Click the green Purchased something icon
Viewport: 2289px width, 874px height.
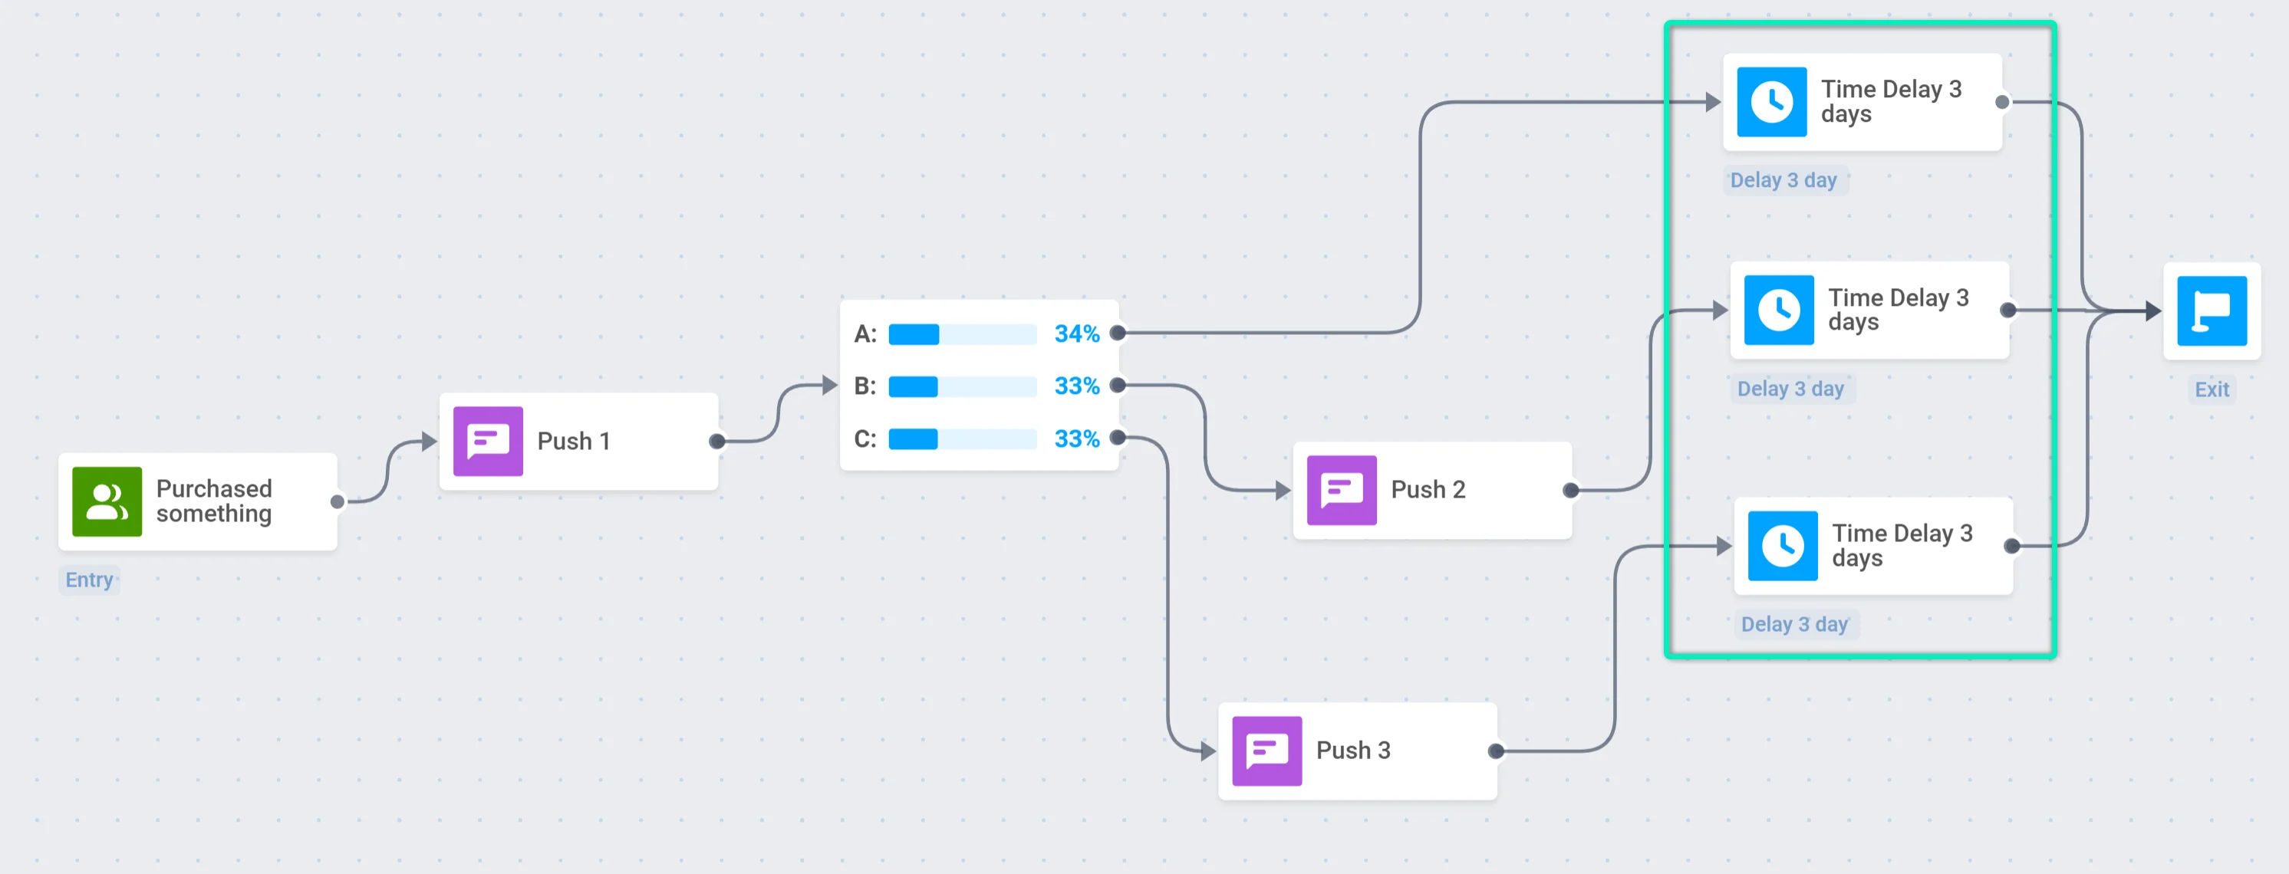coord(107,502)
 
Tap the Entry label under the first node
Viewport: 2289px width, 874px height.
coord(89,580)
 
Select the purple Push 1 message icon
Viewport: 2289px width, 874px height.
coord(488,442)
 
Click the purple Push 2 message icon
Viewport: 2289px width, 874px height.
coord(1341,491)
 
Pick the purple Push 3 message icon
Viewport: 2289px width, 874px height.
coord(1266,751)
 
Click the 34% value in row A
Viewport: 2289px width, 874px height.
coord(1076,334)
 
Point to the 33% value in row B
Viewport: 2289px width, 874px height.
coord(1076,386)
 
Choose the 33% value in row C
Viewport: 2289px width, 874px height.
coord(1076,439)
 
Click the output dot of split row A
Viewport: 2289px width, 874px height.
coord(1118,333)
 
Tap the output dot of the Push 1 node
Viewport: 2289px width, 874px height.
coord(717,442)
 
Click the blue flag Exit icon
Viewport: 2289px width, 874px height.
coord(2211,310)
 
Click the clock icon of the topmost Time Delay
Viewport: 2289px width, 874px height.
coord(1771,102)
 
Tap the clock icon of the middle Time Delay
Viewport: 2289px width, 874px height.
coord(1778,310)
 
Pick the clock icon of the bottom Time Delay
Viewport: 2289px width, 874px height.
coord(1782,545)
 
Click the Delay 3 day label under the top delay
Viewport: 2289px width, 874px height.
coord(1783,180)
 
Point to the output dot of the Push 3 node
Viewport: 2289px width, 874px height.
coord(1496,751)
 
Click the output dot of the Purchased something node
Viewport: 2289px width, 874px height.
coord(337,502)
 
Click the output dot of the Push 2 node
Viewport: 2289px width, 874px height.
coord(1570,491)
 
